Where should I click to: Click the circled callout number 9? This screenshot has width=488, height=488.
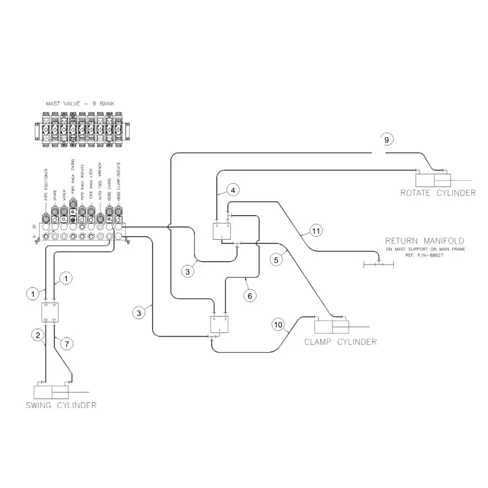coord(387,139)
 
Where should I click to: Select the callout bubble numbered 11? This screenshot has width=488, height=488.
coord(316,230)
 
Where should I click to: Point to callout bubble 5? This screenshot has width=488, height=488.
coord(276,260)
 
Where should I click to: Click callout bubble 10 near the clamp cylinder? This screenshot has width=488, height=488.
coord(278,325)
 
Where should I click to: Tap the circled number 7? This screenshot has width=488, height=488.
coord(67,343)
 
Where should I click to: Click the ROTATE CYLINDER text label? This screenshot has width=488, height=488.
coord(438,193)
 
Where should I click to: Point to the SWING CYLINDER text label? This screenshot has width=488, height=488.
coord(61,405)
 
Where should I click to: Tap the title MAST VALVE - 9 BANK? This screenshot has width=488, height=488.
coord(81,104)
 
